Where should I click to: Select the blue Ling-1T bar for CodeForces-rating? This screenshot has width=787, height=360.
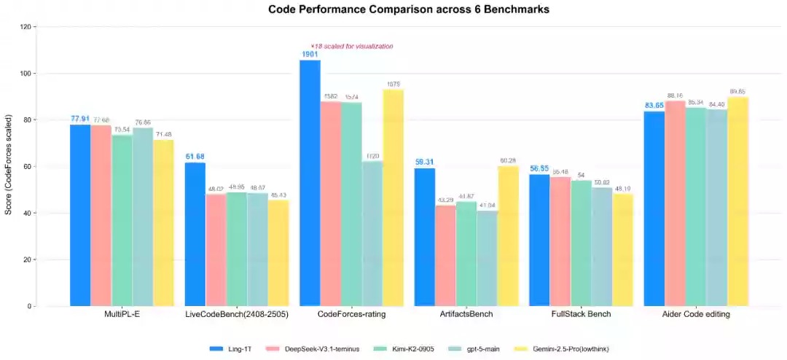(x=310, y=182)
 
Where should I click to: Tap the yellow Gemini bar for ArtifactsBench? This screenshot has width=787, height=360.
(x=508, y=236)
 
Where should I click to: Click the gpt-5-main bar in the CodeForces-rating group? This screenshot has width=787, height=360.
(x=372, y=233)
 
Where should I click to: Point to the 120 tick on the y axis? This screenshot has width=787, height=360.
(x=26, y=27)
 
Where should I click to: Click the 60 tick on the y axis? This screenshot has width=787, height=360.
(x=28, y=167)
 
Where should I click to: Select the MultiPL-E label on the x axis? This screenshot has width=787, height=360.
(x=122, y=314)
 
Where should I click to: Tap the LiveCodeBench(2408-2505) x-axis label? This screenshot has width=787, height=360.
(x=237, y=314)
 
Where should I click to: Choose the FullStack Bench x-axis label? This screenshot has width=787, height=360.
(x=582, y=314)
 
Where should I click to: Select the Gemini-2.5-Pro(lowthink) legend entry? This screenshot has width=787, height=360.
(x=557, y=349)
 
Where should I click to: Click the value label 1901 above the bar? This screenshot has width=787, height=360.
(x=310, y=54)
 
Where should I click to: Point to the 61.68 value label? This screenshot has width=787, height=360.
(x=195, y=157)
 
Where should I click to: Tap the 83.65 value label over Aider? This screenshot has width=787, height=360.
(x=654, y=106)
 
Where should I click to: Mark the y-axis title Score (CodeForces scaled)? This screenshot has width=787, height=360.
(x=9, y=166)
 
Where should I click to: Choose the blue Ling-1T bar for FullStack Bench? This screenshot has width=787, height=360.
(x=539, y=240)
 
